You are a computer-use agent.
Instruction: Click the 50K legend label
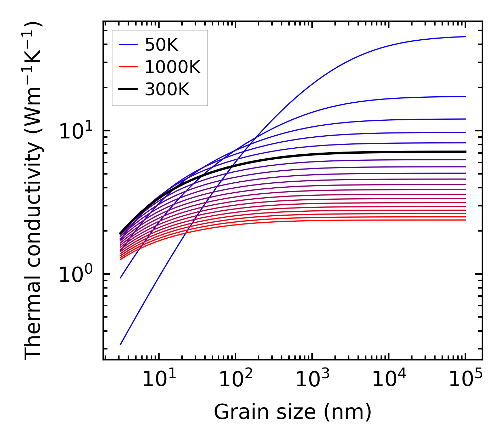coord(161,45)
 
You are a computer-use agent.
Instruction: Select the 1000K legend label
coord(172,67)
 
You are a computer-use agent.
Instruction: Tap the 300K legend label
coord(167,90)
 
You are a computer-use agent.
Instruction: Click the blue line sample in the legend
coord(128,45)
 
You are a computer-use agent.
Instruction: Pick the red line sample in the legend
coord(128,67)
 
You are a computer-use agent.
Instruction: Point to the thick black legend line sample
coord(128,90)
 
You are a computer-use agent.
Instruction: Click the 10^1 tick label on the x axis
coord(159,380)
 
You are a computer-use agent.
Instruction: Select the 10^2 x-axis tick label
coord(235,380)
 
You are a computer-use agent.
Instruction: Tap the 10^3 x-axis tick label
coord(312,380)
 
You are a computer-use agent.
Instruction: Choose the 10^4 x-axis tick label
coord(388,380)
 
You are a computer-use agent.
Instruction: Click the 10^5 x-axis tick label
coord(465,380)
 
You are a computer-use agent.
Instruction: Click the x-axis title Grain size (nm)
coord(293,412)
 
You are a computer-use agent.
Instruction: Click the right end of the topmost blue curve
coord(465,36)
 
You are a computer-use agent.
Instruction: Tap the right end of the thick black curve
coord(465,152)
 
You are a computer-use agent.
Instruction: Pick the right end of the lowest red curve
coord(465,220)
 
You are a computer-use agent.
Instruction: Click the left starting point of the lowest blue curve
coord(121,344)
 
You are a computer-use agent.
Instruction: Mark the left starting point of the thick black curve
coord(121,233)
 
